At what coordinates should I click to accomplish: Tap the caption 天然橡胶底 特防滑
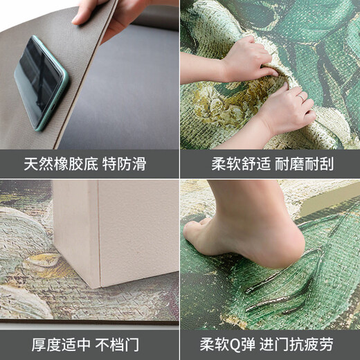click(89, 165)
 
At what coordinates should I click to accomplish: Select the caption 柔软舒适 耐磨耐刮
click(270, 165)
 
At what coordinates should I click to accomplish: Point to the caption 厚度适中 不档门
click(89, 345)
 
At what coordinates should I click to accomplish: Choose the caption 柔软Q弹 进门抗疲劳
click(270, 345)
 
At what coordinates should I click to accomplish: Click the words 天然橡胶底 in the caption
click(66, 165)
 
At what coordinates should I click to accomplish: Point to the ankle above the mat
click(273, 201)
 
